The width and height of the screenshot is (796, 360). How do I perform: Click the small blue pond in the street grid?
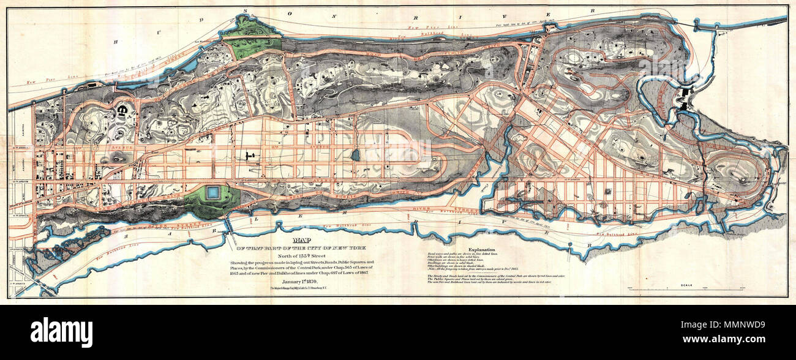[355, 155]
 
